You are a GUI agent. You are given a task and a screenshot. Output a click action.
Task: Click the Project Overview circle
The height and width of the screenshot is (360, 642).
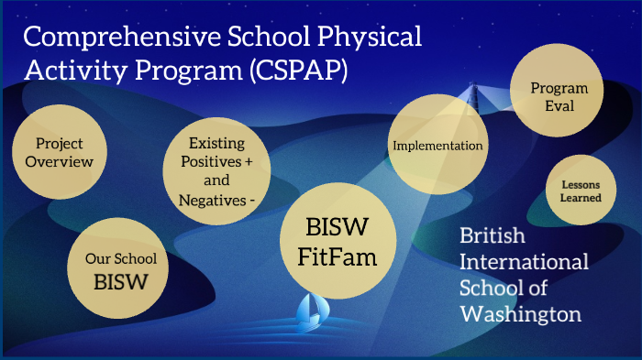60,152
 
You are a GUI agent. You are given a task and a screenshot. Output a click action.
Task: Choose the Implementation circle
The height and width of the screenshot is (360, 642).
437,146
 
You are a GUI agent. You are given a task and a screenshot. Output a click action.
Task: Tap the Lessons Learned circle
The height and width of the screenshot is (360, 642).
581,191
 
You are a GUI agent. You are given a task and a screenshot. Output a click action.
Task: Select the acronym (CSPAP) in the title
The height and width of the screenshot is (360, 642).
294,71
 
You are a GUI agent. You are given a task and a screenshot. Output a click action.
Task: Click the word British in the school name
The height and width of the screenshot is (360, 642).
493,237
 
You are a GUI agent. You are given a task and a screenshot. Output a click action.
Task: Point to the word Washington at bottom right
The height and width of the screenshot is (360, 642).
520,315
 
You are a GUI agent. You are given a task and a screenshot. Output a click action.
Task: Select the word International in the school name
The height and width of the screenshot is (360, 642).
524,263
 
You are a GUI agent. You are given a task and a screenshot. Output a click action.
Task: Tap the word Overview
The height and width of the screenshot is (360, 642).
60,162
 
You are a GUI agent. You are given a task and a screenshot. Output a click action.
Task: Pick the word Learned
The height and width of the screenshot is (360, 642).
581,198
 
